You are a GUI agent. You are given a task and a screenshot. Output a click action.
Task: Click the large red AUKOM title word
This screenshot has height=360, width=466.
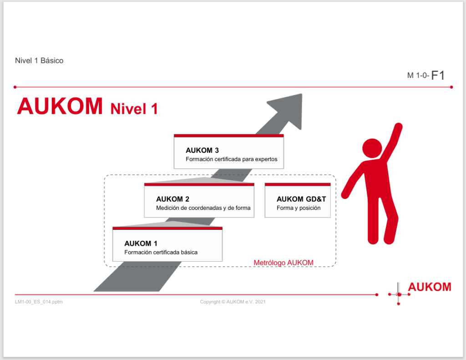(x=60, y=106)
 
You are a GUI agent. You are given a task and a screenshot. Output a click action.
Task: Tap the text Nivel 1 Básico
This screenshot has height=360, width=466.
(x=39, y=61)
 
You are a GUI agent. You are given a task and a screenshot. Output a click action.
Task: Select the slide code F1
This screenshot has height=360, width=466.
(x=438, y=75)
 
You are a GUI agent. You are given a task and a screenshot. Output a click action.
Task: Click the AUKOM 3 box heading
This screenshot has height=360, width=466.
(x=202, y=150)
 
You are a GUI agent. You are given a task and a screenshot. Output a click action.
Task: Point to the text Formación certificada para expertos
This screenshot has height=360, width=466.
(x=232, y=159)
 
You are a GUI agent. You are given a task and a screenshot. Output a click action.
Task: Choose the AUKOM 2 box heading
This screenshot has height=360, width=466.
(x=172, y=199)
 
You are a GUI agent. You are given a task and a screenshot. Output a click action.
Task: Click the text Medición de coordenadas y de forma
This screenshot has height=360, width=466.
(x=203, y=208)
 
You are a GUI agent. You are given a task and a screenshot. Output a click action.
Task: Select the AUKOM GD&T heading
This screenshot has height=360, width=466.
(x=301, y=199)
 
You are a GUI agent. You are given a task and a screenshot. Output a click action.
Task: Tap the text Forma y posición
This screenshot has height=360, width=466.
(x=299, y=208)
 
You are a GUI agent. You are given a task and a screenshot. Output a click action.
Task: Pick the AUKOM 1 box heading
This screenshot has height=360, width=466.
(x=141, y=243)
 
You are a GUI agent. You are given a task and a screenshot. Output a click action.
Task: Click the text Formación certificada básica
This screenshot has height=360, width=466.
(x=161, y=252)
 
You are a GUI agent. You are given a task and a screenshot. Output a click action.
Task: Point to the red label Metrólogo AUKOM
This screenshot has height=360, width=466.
(x=284, y=263)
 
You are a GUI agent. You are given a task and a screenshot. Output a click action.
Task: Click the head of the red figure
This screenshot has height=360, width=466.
(x=372, y=148)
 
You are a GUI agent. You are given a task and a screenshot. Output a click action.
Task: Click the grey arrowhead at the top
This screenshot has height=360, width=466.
(x=287, y=110)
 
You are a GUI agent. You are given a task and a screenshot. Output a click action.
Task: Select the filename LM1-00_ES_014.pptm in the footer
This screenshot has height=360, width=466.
(x=39, y=302)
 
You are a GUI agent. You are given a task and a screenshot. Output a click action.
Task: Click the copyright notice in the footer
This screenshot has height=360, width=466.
(x=233, y=302)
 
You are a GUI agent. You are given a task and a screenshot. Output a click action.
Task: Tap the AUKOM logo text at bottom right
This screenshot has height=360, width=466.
(x=430, y=287)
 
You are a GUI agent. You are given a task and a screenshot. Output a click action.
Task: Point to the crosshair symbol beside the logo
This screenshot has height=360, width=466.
(x=399, y=294)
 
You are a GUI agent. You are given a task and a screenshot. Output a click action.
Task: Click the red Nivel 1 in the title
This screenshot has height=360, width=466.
(x=134, y=109)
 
